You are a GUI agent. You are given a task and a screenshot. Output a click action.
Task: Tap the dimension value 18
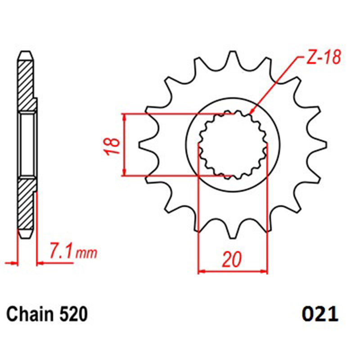pyautogui.click(x=112, y=147)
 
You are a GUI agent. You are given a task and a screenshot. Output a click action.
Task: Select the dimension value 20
pyautogui.click(x=232, y=260)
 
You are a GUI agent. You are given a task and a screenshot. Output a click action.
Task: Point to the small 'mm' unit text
pyautogui.click(x=86, y=253)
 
